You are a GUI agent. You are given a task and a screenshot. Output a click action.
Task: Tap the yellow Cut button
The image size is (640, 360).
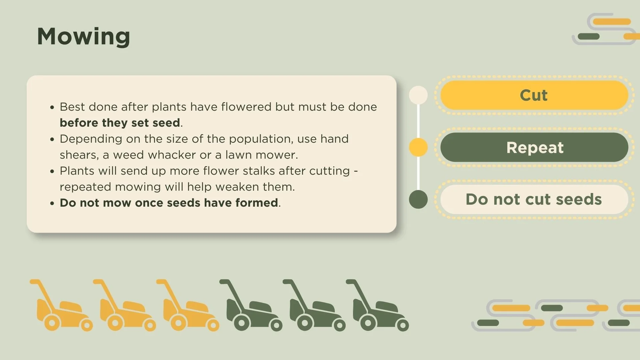pyautogui.click(x=534, y=95)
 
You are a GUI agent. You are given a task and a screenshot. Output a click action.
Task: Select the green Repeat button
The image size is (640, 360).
pyautogui.click(x=534, y=147)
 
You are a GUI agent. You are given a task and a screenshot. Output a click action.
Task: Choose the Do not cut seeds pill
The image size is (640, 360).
pyautogui.click(x=534, y=199)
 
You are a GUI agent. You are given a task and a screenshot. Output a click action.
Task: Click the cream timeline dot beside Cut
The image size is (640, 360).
pyautogui.click(x=418, y=95)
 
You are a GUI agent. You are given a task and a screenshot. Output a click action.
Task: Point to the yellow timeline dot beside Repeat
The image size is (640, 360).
pyautogui.click(x=418, y=147)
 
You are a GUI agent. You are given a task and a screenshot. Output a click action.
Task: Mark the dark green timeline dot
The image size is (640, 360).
pyautogui.click(x=418, y=199)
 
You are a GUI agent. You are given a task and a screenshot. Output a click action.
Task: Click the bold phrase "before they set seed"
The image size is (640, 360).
pyautogui.click(x=120, y=123)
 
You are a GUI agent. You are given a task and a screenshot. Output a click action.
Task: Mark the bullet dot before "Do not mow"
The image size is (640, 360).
pyautogui.click(x=52, y=203)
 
